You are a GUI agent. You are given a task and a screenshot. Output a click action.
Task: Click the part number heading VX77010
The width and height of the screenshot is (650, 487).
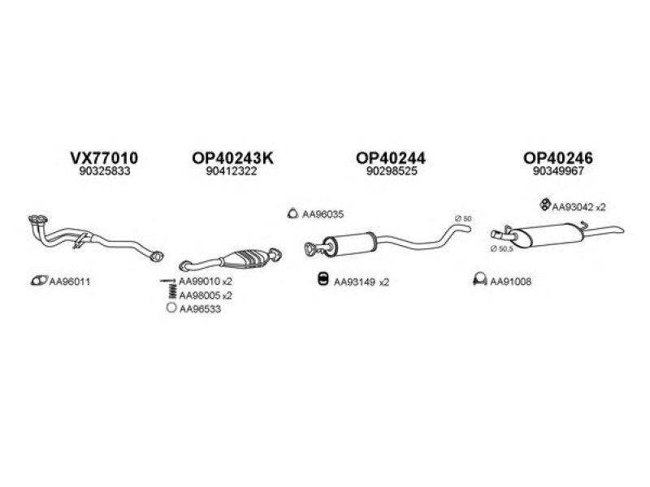tap(104, 157)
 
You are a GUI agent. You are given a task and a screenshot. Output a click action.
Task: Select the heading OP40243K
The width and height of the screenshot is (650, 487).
tap(232, 157)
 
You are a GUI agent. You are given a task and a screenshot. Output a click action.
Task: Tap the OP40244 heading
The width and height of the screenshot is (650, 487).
tap(391, 157)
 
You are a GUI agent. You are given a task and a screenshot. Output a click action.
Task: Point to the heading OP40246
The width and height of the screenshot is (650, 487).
tap(558, 157)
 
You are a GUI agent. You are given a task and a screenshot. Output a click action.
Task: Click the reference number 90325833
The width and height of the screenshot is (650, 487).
tap(105, 171)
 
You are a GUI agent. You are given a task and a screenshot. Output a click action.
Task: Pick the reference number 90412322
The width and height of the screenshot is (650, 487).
tap(232, 171)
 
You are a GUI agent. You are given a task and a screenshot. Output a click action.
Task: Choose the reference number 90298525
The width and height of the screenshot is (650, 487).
tap(392, 171)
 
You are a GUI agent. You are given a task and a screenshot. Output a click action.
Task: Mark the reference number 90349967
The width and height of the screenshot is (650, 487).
tap(558, 171)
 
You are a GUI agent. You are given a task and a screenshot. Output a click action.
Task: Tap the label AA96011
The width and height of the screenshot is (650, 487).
tap(70, 282)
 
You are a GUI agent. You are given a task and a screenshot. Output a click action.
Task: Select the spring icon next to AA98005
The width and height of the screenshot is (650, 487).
tap(172, 291)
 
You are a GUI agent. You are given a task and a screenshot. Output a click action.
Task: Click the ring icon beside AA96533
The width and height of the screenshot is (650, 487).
tap(171, 308)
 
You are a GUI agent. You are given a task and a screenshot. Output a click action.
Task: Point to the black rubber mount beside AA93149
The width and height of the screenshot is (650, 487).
tap(323, 279)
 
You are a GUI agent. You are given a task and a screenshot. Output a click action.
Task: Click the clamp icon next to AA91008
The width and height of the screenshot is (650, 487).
tap(479, 280)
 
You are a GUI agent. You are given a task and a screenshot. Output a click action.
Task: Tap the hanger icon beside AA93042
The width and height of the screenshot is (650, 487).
tap(544, 205)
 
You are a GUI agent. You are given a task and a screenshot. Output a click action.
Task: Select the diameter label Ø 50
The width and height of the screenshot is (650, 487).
tap(463, 218)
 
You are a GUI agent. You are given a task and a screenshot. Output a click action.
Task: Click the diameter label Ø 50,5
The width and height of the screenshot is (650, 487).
tap(501, 249)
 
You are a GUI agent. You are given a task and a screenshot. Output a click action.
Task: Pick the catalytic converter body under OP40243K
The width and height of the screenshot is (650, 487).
tap(251, 258)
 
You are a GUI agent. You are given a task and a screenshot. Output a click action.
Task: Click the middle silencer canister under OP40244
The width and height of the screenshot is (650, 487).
tap(350, 244)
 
